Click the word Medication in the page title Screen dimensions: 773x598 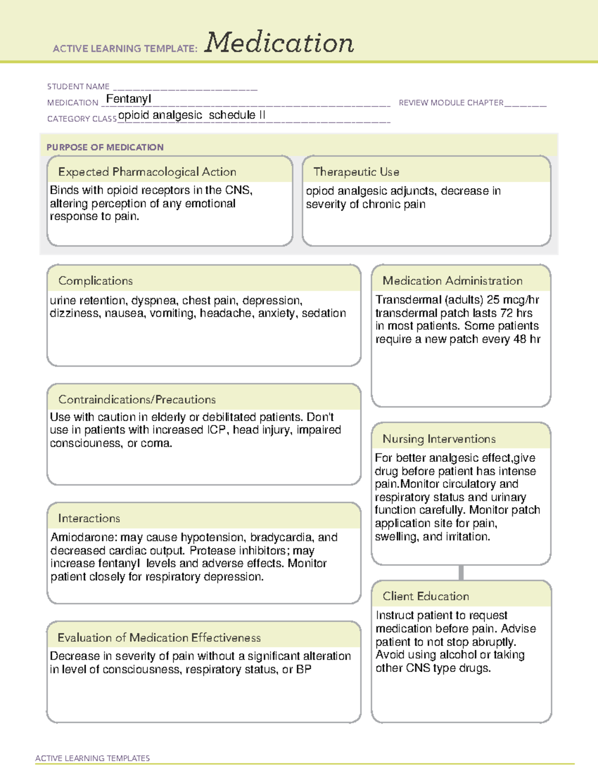pos(279,43)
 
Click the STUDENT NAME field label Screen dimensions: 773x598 pos(78,87)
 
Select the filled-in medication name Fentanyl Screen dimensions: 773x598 pos(129,99)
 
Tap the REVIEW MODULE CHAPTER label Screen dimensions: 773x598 pos(451,103)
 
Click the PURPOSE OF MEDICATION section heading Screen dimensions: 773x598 pos(105,147)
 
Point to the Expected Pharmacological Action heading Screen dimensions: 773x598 pos(147,172)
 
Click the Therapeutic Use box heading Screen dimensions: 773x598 pos(356,172)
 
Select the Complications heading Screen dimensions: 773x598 pos(96,281)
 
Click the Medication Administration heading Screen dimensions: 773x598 pos(452,281)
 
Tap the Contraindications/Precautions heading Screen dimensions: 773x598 pos(137,399)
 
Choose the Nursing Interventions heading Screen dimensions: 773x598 pos(439,439)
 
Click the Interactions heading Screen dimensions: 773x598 pos(89,518)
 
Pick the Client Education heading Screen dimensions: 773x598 pos(426,596)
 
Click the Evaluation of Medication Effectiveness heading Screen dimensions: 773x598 pos(159,638)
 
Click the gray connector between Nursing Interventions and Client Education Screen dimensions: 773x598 pos(461,573)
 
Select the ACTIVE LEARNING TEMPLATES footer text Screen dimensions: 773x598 pos(93,758)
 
